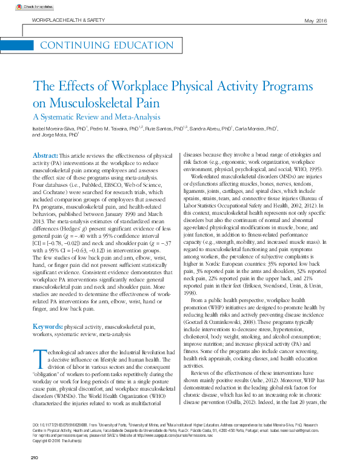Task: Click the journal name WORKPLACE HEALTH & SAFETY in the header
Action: pyautogui.click(x=67, y=21)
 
